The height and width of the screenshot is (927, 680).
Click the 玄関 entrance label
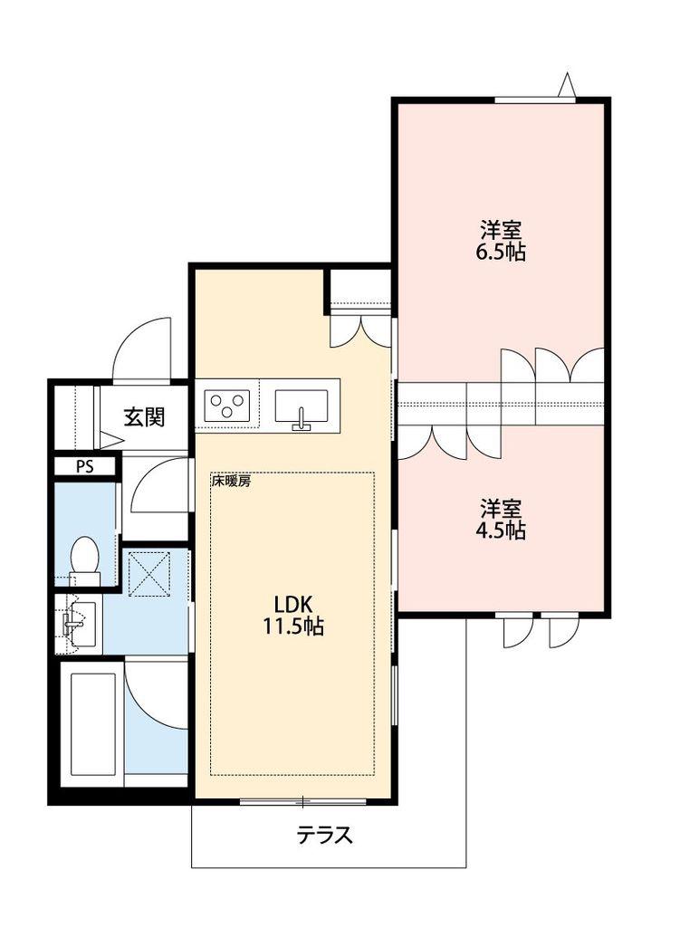pyautogui.click(x=144, y=417)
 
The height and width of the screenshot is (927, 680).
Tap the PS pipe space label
pyautogui.click(x=84, y=466)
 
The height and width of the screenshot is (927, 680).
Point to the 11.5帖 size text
pyautogui.click(x=292, y=626)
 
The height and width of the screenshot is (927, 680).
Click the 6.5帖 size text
pyautogui.click(x=500, y=252)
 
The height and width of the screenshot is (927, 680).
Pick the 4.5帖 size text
pyautogui.click(x=500, y=530)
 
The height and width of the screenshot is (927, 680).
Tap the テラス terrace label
pyautogui.click(x=324, y=835)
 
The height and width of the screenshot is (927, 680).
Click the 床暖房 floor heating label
pyautogui.click(x=231, y=482)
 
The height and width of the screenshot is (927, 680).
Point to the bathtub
pyautogui.click(x=92, y=723)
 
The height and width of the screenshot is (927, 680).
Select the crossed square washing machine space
pyautogui.click(x=149, y=573)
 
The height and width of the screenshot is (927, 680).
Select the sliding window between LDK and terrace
pyautogui.click(x=302, y=802)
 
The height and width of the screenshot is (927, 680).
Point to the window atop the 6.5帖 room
pyautogui.click(x=534, y=100)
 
